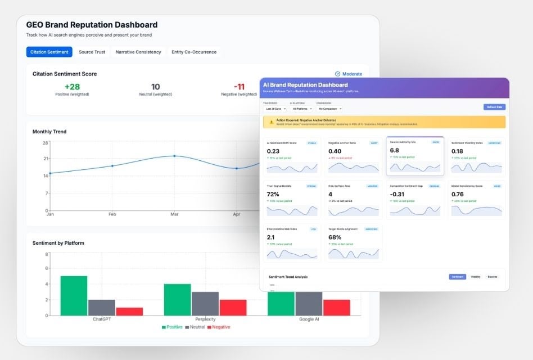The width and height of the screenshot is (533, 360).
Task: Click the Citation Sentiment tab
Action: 49,52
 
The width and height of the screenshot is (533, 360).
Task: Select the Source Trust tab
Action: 92,52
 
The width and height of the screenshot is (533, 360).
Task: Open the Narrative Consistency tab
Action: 138,52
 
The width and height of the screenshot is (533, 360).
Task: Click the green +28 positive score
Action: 72,87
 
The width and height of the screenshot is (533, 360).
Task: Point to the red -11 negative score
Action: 240,87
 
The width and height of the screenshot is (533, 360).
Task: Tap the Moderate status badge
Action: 349,74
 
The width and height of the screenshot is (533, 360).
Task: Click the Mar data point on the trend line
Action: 174,156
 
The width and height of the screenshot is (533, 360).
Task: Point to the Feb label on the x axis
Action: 112,214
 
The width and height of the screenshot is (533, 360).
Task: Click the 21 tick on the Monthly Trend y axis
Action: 45,159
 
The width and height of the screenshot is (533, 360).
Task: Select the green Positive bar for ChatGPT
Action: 74,295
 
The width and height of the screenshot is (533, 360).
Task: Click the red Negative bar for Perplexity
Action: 233,307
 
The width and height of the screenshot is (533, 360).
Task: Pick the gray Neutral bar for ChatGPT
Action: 102,307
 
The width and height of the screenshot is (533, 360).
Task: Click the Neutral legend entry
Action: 195,327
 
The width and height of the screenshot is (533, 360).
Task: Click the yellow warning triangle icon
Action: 271,121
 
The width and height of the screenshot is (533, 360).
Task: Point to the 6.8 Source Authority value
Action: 395,150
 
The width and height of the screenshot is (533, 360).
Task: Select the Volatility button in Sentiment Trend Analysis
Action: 475,277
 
